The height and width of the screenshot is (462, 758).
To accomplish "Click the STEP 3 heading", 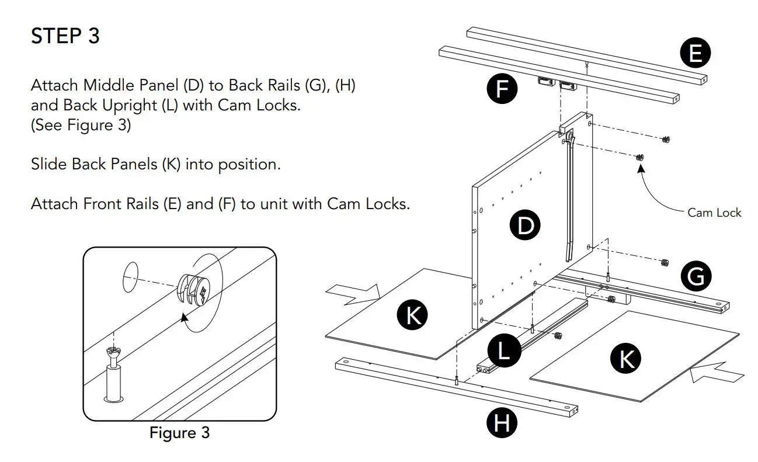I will point(65,36).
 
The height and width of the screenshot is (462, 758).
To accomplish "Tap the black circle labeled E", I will point(695,54).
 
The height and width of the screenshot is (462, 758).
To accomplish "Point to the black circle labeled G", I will point(696,276).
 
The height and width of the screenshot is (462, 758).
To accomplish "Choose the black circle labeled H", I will point(502,422).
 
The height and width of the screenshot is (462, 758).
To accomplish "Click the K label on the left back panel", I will point(413,315).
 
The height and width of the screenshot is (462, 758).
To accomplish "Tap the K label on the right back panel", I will point(626,358).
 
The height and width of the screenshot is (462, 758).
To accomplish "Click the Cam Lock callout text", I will point(714,213).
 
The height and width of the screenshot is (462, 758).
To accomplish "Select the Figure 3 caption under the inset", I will point(179,433).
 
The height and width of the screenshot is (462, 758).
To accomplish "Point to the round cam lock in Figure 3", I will point(193,289).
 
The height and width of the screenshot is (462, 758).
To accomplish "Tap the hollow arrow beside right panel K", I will point(717,372).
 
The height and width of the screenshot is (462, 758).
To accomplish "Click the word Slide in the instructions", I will point(48,164).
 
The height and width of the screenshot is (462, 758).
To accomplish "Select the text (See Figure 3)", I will point(81,125).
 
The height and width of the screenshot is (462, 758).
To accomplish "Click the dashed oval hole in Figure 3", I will point(131,276).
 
